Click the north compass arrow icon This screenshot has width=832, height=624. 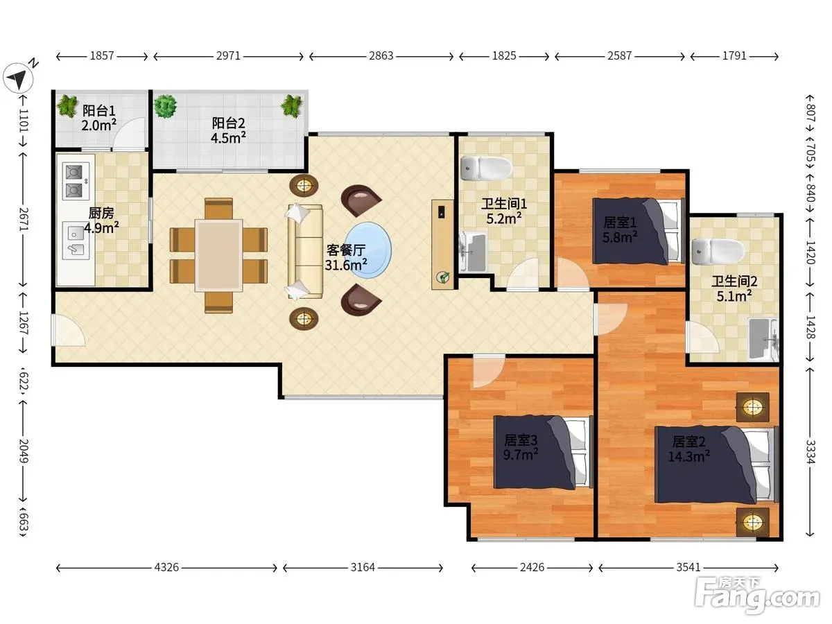[x=18, y=78]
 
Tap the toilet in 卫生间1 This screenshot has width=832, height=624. [x=486, y=168]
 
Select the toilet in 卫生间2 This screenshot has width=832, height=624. [x=718, y=251]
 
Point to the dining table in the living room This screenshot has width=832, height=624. [x=218, y=256]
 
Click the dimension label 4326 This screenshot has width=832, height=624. [x=166, y=567]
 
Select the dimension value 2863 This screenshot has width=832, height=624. [x=381, y=56]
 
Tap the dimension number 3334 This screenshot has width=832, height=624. [x=810, y=452]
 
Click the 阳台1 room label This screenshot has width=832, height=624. [x=99, y=111]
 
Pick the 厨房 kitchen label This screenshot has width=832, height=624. [x=101, y=213]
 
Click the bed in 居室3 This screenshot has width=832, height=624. [x=543, y=452]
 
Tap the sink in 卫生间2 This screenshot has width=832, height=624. [x=763, y=339]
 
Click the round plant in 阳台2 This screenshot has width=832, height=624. [x=166, y=107]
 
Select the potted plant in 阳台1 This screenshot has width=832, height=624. [x=68, y=105]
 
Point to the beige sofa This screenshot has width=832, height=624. [x=305, y=252]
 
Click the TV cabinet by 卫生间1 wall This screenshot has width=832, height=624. [x=443, y=245]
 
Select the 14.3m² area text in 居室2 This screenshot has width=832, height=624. [x=688, y=456]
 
